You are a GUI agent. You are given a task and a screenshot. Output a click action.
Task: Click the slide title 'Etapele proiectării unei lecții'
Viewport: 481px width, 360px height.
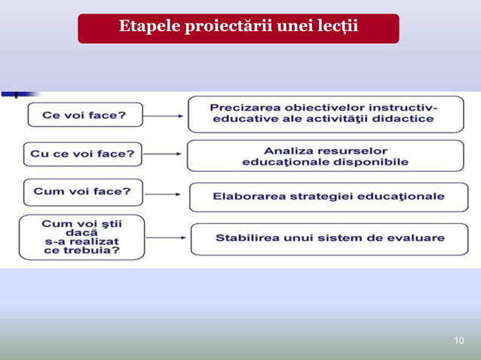pos(238,28)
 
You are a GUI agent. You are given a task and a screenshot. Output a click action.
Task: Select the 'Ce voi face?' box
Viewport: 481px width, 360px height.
pos(84,115)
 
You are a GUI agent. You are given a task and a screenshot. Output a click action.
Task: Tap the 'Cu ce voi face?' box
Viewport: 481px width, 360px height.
pos(82,154)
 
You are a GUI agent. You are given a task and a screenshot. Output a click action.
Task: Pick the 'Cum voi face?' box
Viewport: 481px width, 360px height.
pos(82,191)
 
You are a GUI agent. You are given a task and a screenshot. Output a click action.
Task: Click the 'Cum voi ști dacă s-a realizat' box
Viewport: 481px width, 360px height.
pos(81,237)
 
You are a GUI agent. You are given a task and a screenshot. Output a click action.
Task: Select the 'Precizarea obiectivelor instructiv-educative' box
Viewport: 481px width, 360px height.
pos(325,114)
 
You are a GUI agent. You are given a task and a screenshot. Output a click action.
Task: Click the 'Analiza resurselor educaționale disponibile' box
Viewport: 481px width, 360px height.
pos(325,156)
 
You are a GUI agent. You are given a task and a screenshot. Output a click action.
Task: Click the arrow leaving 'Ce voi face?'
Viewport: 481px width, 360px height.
pos(164,116)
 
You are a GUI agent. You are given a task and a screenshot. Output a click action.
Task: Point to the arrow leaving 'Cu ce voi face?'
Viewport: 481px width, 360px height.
pos(163,154)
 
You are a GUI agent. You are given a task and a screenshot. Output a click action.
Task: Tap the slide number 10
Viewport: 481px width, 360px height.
pos(459,341)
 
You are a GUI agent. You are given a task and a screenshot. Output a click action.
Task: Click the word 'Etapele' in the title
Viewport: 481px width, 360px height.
pos(148,28)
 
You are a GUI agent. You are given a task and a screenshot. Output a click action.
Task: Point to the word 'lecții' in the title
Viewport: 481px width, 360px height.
pos(336,28)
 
